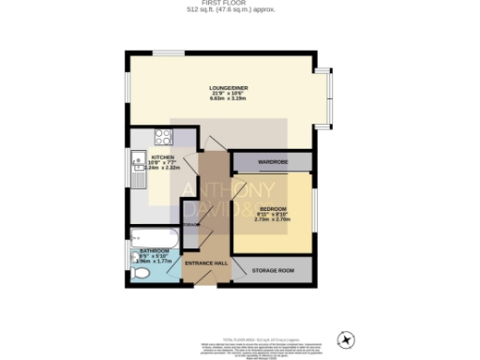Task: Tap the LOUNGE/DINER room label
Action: pyautogui.click(x=228, y=87)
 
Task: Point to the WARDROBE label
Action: pyautogui.click(x=272, y=161)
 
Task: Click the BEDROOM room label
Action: pyautogui.click(x=272, y=207)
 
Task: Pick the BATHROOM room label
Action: pyautogui.click(x=153, y=250)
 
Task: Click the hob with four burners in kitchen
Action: pyautogui.click(x=160, y=136)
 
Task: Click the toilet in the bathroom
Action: pyautogui.click(x=140, y=273)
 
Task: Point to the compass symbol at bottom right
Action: pyautogui.click(x=348, y=337)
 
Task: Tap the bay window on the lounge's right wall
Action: pyautogui.click(x=327, y=98)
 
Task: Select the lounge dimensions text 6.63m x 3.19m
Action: pyautogui.click(x=228, y=97)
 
